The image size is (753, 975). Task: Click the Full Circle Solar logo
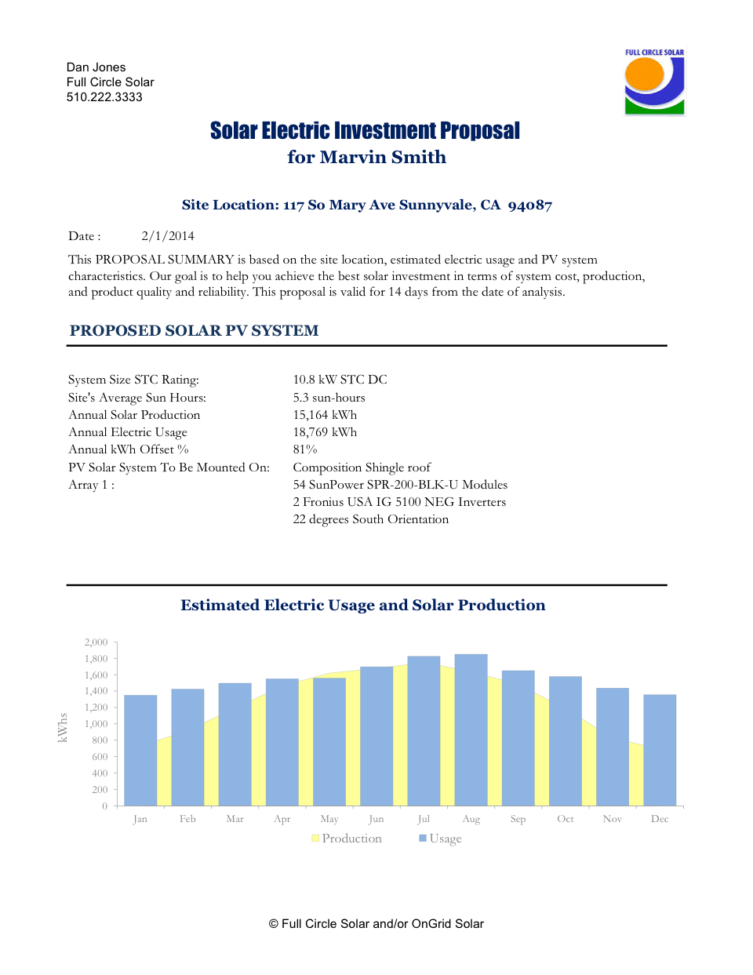pos(654,82)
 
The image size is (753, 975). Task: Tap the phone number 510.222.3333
pos(104,97)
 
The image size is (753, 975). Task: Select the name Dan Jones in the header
pos(96,67)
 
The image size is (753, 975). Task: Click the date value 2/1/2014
pos(168,236)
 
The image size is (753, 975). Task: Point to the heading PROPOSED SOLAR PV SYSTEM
pos(194,331)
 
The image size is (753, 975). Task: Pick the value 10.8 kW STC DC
pos(340,380)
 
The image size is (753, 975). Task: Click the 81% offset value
pos(305,449)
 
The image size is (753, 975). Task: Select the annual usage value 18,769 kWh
pos(325,432)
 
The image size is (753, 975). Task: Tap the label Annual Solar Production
pos(134,415)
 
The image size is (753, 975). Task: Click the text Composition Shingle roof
pos(362,467)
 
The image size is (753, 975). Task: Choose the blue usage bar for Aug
pos(471,729)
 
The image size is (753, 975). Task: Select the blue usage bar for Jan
pos(140,750)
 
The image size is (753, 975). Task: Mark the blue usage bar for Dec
pos(660,750)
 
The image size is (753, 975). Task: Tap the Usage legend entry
pos(441,839)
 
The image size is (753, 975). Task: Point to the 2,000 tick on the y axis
pos(96,642)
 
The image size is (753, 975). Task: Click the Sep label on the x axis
pos(518,819)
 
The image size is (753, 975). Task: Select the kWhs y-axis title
pos(63,727)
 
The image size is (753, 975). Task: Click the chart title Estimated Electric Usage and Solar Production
pos(362,606)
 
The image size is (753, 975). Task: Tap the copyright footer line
pos(376,924)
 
